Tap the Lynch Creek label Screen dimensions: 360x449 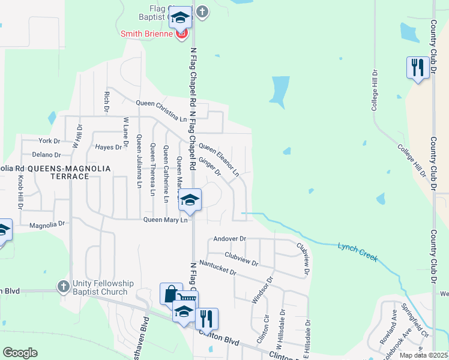[358, 251]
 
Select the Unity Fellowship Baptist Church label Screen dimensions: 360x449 [100, 287]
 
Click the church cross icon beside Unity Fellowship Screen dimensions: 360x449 [64, 287]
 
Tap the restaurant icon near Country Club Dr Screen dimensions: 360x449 [417, 67]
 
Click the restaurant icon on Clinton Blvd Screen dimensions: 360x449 [206, 318]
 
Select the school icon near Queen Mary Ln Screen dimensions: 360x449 [190, 200]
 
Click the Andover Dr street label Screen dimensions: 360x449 [231, 239]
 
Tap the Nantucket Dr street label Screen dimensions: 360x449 [217, 267]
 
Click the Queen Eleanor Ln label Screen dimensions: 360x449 [219, 159]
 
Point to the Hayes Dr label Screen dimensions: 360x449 [109, 146]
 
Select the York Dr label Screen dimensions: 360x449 [49, 141]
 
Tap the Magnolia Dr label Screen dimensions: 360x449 [47, 224]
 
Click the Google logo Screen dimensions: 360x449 [20, 352]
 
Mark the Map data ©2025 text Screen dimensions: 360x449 [423, 355]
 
